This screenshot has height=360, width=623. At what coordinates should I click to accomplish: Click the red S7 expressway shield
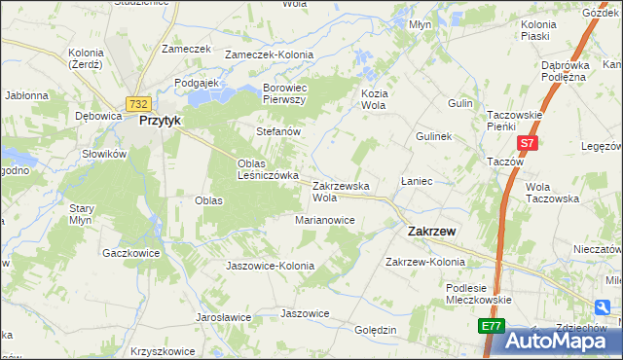527,143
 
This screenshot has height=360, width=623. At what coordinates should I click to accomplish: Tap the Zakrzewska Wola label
340,191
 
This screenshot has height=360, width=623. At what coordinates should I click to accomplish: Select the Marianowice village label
324,220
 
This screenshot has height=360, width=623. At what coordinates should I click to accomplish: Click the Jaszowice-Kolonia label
270,266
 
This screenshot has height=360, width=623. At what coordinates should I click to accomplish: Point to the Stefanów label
276,130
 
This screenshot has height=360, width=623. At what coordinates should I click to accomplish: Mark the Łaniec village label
416,182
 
